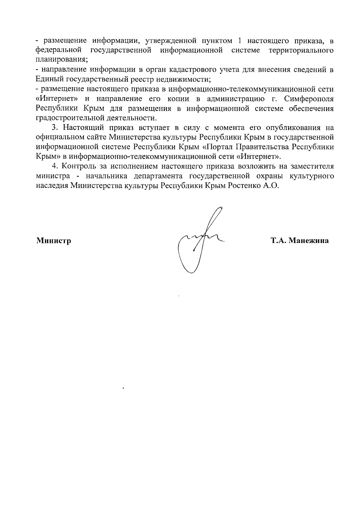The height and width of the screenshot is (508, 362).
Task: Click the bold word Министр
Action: [x=54, y=241]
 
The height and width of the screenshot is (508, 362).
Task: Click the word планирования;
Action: [x=62, y=60]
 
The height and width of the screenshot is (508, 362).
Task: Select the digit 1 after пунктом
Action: [x=239, y=40]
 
